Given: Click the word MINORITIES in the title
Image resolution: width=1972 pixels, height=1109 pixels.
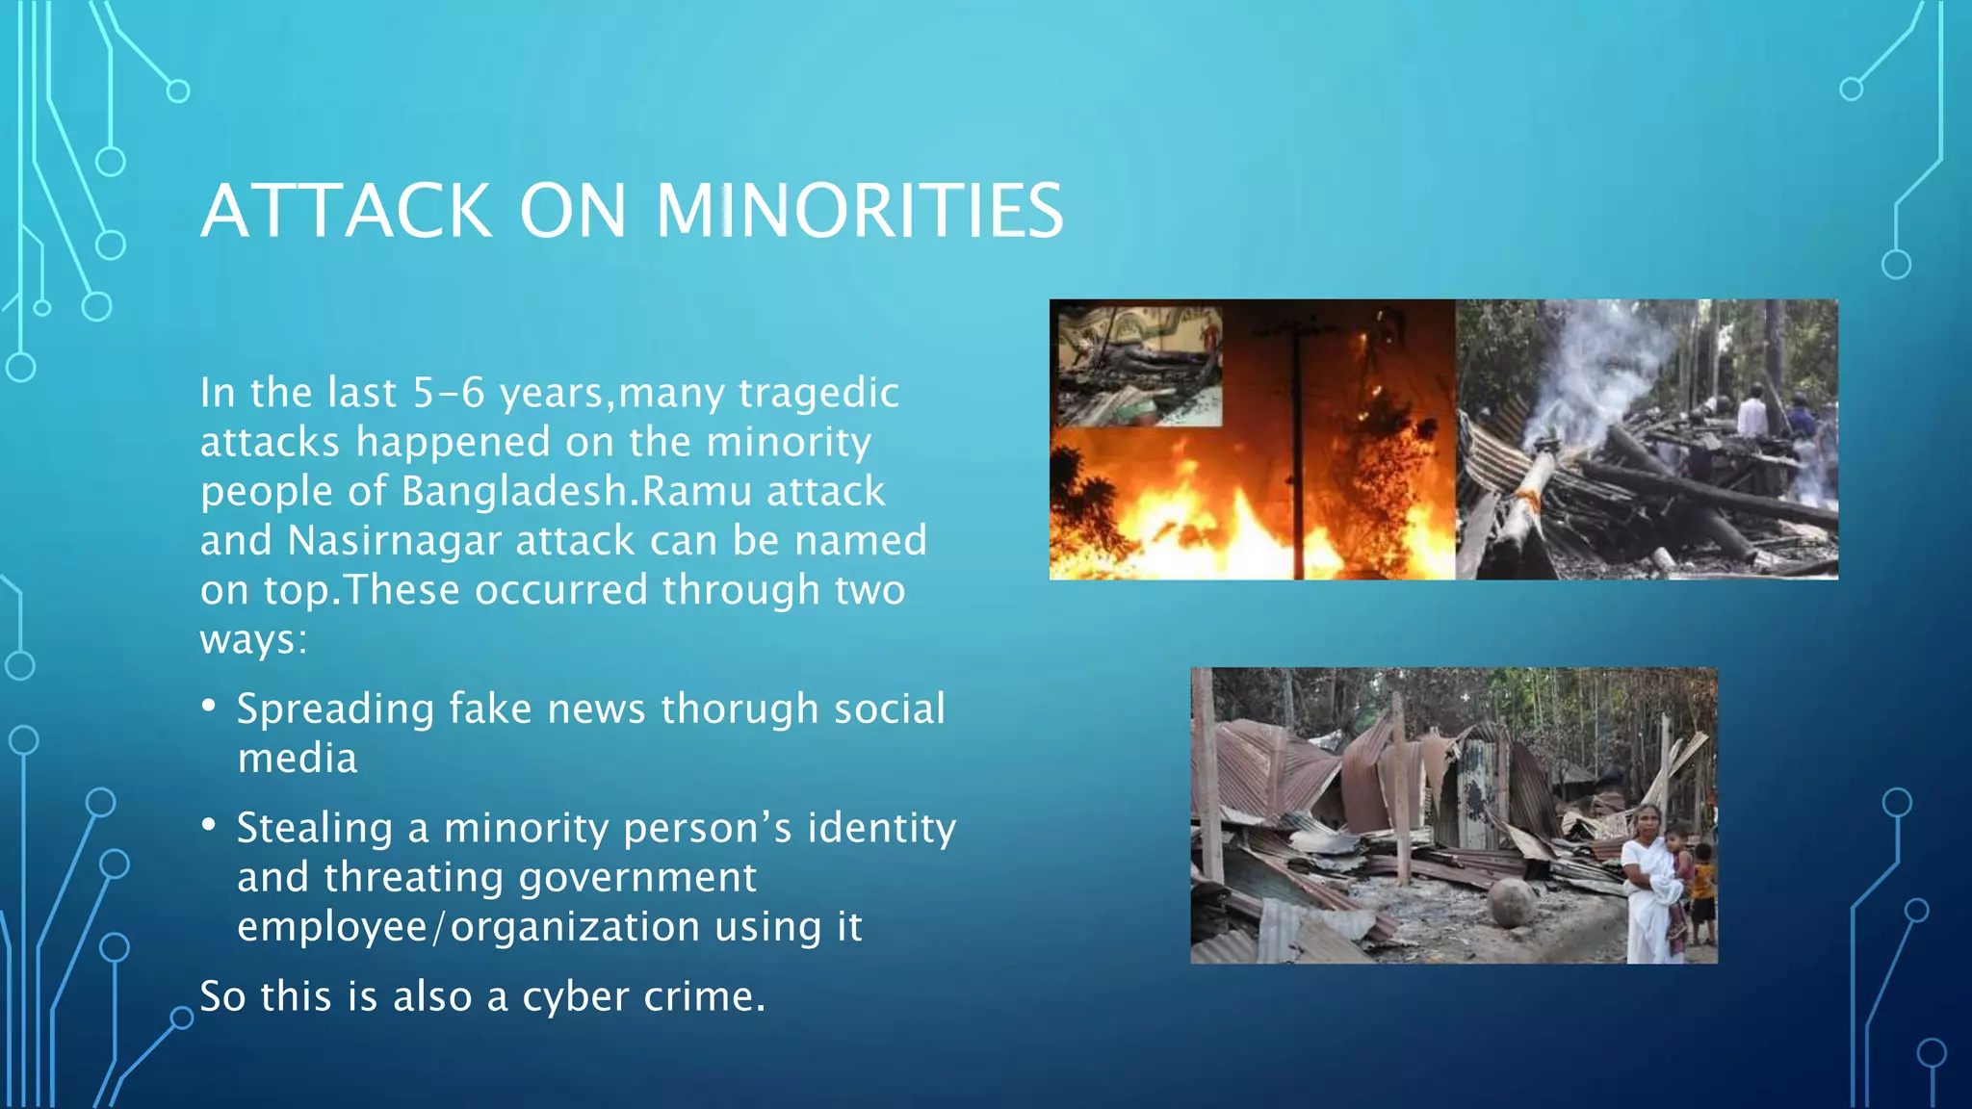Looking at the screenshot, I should coord(859,211).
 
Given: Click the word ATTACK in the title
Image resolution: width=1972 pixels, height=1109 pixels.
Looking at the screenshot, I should coord(347,211).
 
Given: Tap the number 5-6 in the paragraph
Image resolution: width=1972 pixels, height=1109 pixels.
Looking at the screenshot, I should coord(449,393).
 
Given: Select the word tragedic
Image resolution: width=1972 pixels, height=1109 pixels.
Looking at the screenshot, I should coord(818,393).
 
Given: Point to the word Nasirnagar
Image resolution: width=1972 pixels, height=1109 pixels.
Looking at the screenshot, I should coord(394,541).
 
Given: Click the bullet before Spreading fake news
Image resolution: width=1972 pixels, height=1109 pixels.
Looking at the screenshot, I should coord(209,708).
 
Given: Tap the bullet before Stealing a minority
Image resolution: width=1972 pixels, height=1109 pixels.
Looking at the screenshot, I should coord(209,826).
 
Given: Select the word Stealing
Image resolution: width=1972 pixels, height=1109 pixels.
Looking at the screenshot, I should coord(315,828).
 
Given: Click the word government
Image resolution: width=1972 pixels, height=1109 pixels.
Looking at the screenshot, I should coord(637,877).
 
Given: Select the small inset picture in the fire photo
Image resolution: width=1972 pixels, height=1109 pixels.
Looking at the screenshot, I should coord(1140,366).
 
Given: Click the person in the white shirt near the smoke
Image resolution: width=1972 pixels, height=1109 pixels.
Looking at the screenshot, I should coord(1751,416).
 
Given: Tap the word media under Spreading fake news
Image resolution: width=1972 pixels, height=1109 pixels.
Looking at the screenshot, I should coord(298,759).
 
